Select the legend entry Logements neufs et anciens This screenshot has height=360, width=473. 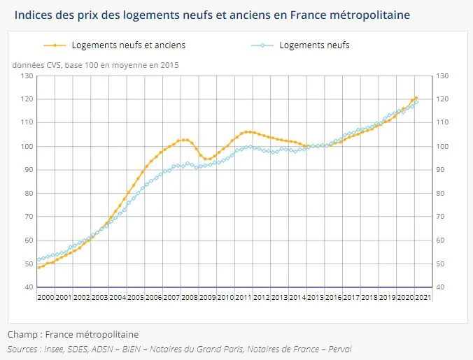128,45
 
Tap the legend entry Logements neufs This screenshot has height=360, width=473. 313,45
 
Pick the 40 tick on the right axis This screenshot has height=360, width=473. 441,287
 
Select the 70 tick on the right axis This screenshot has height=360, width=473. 441,217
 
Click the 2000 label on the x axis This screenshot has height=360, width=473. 45,297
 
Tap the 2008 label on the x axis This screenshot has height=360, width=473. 190,297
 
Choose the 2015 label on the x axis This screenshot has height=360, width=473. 316,297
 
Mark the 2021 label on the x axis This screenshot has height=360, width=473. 423,297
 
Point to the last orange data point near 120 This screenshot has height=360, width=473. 416,98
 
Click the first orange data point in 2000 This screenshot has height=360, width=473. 38,267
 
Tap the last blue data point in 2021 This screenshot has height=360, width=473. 417,102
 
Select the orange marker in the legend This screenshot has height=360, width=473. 54,45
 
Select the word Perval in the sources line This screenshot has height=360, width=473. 337,348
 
